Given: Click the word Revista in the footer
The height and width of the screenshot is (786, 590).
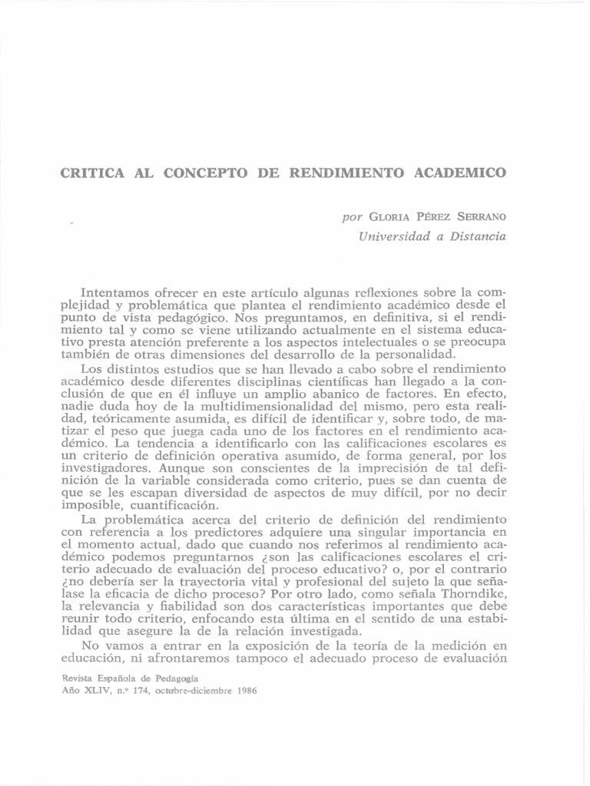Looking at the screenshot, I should pos(77,678).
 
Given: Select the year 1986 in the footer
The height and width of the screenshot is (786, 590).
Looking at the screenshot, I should pos(243,690).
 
